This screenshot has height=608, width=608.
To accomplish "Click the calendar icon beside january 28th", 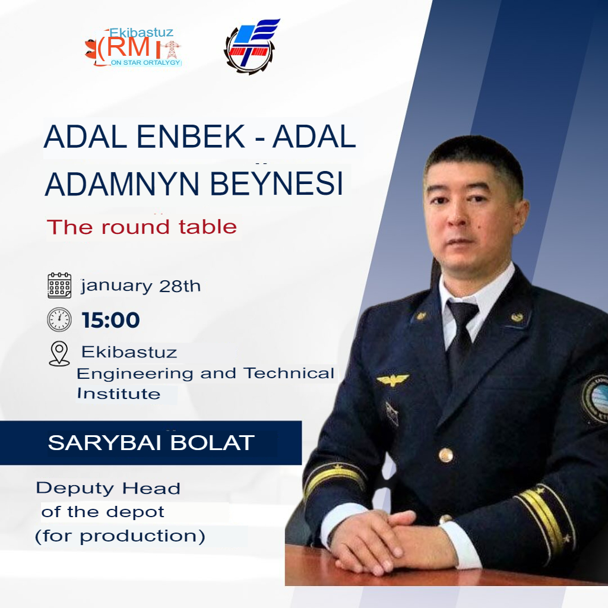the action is click(59, 286).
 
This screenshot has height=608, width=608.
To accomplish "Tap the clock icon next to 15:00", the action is click(59, 319).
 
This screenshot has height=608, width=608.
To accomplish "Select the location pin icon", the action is click(59, 353).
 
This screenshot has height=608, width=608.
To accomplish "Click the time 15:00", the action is click(111, 320).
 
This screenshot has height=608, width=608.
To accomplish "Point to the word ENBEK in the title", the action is click(191, 137).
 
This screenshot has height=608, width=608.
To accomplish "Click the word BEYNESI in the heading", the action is click(277, 183).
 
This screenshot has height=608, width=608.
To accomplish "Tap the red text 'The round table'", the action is click(141, 227).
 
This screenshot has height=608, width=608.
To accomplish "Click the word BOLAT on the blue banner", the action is click(213, 443).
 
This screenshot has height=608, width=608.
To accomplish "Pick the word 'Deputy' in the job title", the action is click(75, 489).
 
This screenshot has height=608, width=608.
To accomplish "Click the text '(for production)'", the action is click(120, 536).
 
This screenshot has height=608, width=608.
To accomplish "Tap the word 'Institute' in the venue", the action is click(119, 394).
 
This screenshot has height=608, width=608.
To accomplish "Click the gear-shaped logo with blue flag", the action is click(251, 46).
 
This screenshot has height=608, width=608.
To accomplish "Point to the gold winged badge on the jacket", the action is click(393, 379).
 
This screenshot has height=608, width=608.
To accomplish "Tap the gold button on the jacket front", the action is click(446, 455).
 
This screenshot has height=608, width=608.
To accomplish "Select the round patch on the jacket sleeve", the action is click(595, 400).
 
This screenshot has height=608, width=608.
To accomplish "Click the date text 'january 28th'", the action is click(141, 286).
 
